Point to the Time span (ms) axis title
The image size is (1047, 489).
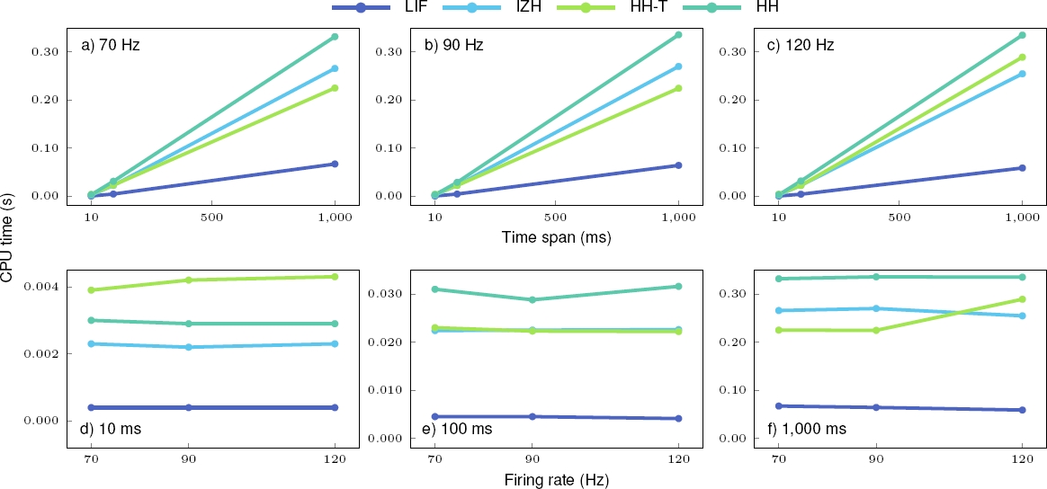click(x=555, y=238)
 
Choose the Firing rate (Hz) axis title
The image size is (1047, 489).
click(x=555, y=480)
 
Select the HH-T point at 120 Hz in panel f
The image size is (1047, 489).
click(x=1022, y=299)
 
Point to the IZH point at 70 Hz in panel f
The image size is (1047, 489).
click(x=779, y=311)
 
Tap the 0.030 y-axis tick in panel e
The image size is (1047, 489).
click(x=385, y=294)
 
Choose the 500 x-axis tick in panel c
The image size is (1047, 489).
click(x=899, y=218)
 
